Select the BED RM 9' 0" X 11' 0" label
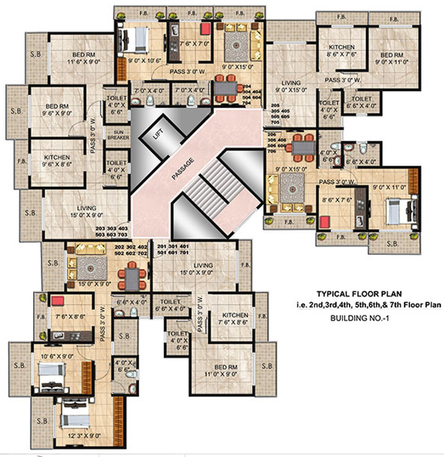tap(393, 59)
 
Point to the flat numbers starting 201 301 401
tap(172, 249)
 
